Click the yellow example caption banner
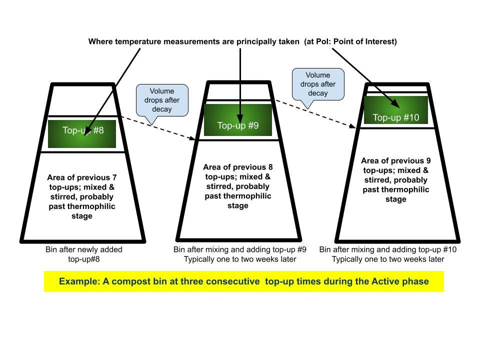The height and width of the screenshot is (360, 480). [x=243, y=281]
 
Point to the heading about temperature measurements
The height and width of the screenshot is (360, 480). [x=242, y=41]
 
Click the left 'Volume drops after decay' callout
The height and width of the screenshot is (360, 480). [x=161, y=100]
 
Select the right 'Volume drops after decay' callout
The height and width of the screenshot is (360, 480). [x=318, y=84]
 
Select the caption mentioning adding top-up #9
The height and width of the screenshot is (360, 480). [x=240, y=254]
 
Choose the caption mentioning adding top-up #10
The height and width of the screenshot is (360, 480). [x=388, y=254]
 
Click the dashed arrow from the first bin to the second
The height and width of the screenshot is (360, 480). [x=159, y=128]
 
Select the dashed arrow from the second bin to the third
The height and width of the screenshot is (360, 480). [x=316, y=114]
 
